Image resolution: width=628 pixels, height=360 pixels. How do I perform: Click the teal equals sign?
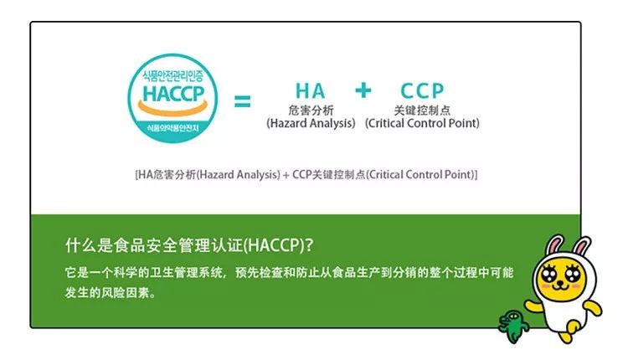[242, 102]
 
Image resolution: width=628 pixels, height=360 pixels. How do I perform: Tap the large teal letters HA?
[310, 90]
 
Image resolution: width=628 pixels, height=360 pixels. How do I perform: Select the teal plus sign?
[363, 90]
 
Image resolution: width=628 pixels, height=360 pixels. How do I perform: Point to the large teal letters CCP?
[422, 90]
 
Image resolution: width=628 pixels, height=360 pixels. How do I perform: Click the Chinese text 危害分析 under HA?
[310, 110]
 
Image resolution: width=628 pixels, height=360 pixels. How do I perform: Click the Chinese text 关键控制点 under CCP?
[422, 110]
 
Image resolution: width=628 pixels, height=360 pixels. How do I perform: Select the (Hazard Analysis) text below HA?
[311, 123]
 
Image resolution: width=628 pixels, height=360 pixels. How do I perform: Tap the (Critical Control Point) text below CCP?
[422, 123]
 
